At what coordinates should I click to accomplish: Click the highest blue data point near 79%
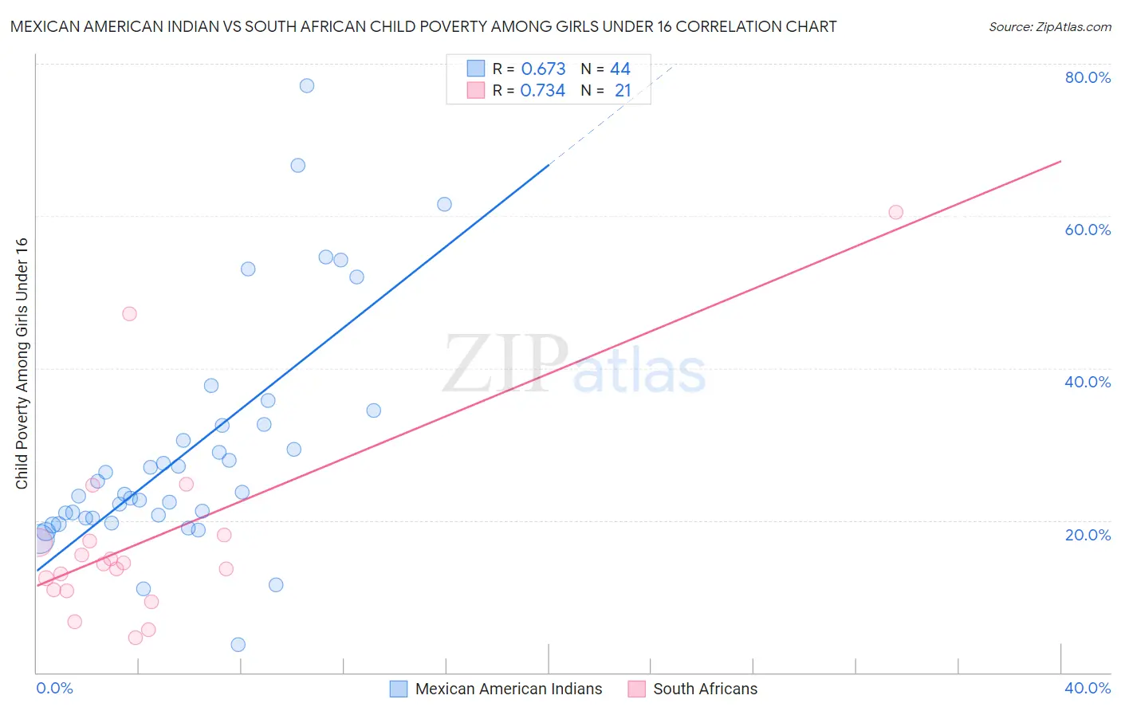(x=307, y=85)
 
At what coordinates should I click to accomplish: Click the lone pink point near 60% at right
(x=895, y=212)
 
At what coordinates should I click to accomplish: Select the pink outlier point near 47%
(x=129, y=314)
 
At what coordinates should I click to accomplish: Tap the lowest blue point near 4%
(x=238, y=644)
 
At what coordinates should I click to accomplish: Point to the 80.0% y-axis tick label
(x=1088, y=77)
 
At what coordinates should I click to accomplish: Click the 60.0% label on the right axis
(x=1088, y=230)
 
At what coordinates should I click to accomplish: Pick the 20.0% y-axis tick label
(x=1088, y=535)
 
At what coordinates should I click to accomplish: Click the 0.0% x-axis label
(x=54, y=688)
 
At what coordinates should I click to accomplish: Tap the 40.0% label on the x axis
(x=1088, y=688)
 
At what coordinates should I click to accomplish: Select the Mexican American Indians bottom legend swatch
(x=399, y=689)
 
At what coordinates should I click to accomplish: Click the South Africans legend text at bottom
(x=705, y=689)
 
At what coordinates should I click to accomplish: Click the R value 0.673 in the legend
(x=543, y=69)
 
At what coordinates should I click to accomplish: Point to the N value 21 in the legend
(x=623, y=91)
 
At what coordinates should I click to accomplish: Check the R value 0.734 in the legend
(x=543, y=91)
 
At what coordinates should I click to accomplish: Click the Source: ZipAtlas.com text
(x=1049, y=27)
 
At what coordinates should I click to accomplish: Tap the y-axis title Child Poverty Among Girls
(x=22, y=363)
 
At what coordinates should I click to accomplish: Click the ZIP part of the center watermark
(x=505, y=363)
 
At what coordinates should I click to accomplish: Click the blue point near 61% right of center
(x=444, y=204)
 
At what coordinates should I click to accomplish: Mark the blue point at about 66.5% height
(x=297, y=166)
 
